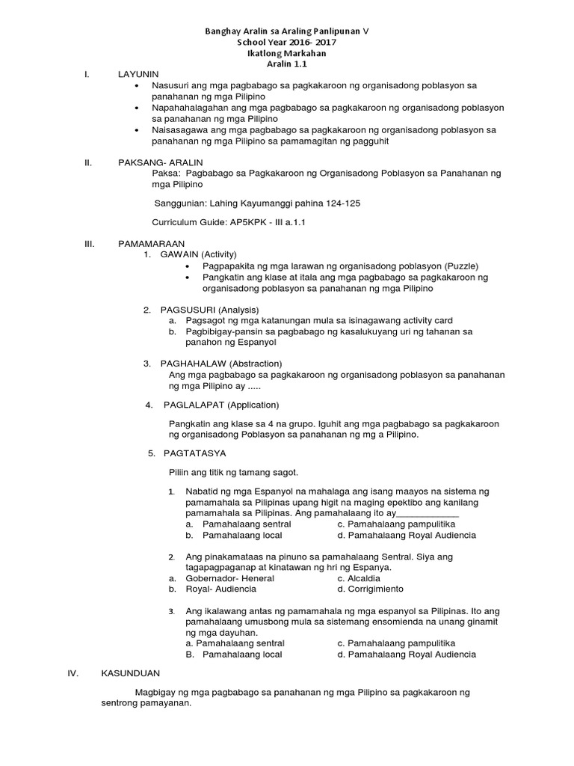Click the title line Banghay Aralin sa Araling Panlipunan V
click(x=287, y=32)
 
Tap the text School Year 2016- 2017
click(x=287, y=43)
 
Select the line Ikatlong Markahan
click(x=287, y=54)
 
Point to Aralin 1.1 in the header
click(x=287, y=65)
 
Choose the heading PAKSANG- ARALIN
click(x=160, y=162)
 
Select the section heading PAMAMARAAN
click(x=152, y=244)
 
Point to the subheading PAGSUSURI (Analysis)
click(x=209, y=310)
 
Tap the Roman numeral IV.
click(x=73, y=672)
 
